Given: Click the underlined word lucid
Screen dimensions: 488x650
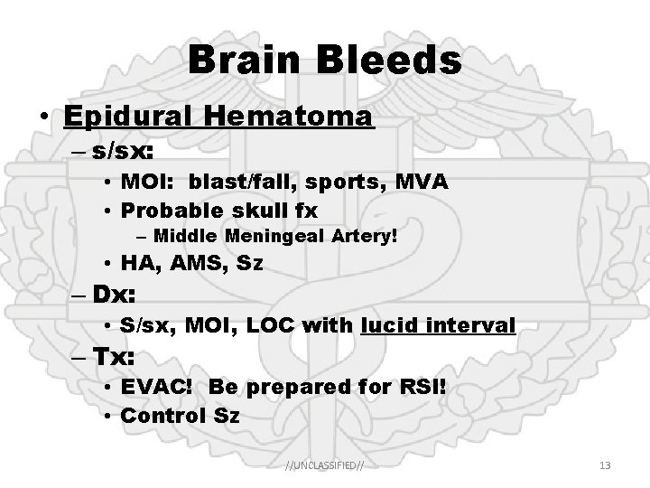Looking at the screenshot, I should tap(391, 324).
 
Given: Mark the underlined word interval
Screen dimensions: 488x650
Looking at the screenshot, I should tap(472, 324).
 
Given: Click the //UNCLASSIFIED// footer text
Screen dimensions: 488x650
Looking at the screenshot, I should tap(325, 465).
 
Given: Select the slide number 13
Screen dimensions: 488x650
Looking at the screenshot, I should tap(605, 465).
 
